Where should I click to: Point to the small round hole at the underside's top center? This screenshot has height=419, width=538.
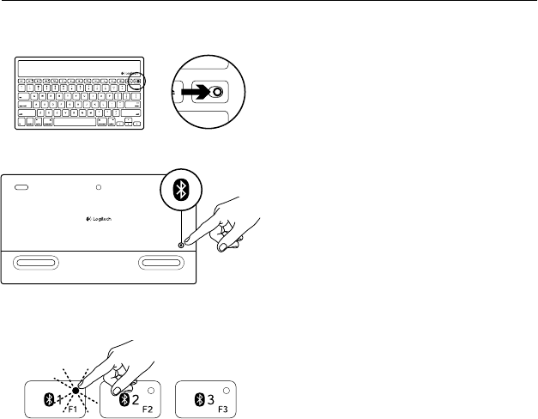coord(100,185)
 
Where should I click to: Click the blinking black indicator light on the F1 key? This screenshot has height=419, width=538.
coord(76,389)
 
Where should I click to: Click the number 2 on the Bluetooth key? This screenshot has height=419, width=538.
coord(134,398)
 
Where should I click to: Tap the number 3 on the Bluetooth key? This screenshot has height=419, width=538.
coord(209,398)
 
